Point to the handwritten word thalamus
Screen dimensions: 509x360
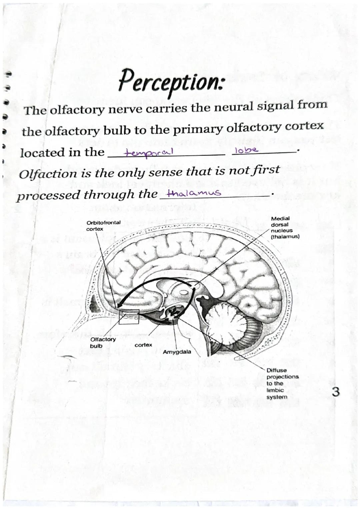[x=194, y=193]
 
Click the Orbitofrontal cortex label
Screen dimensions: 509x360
[x=103, y=226]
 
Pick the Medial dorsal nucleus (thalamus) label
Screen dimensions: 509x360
[x=285, y=227]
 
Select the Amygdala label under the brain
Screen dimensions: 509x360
[x=177, y=352]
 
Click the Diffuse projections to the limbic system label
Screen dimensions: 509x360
[x=282, y=383]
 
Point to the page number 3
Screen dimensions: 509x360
[x=336, y=392]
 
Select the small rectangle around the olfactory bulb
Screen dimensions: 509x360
[x=128, y=316]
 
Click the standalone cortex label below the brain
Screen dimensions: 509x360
[x=143, y=345]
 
